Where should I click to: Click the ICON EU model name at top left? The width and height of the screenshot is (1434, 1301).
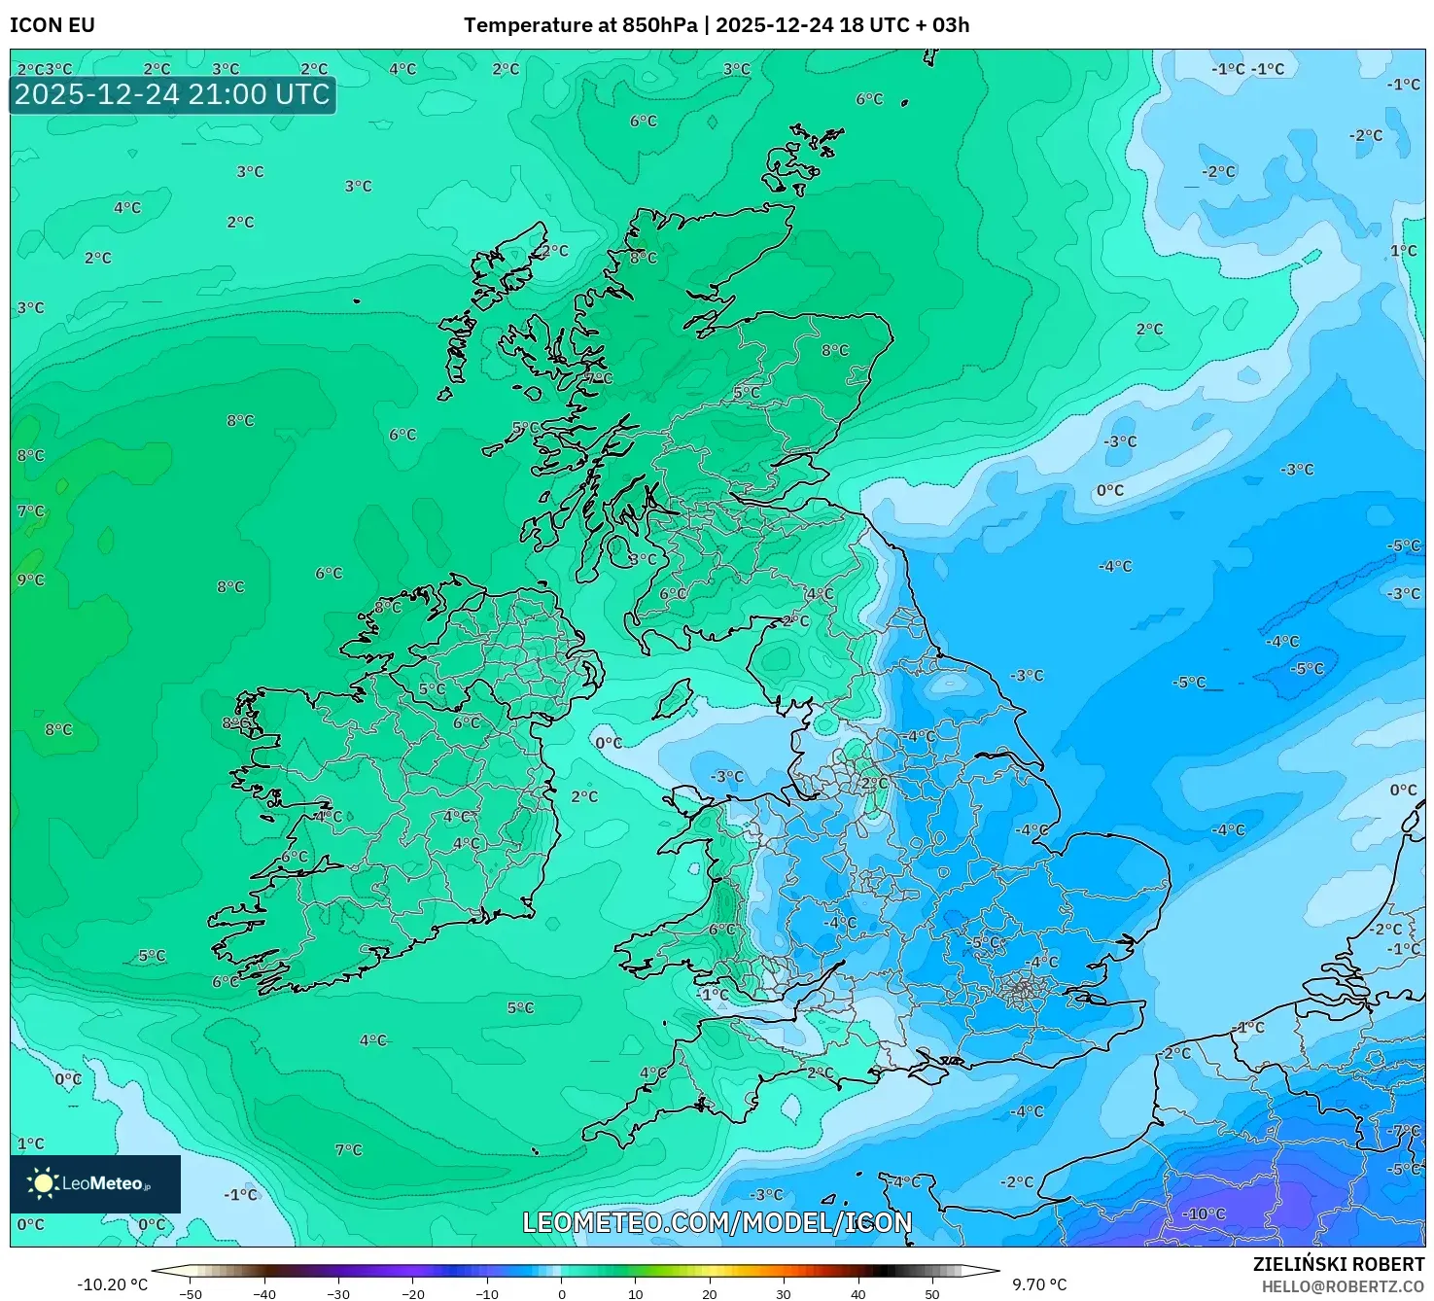(x=52, y=25)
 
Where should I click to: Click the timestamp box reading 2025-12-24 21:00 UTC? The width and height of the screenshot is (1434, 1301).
(x=172, y=94)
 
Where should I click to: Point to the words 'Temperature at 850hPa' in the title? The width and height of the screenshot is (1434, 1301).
(x=579, y=25)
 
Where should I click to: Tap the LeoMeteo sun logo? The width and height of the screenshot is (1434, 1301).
(x=43, y=1182)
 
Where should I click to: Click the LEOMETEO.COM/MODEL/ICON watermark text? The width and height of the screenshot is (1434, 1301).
(x=717, y=1222)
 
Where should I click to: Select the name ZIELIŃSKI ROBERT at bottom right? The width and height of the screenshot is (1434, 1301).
(x=1338, y=1264)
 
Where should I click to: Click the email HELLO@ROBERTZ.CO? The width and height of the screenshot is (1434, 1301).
(x=1343, y=1286)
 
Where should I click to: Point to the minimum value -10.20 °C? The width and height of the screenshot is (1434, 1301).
(x=113, y=1284)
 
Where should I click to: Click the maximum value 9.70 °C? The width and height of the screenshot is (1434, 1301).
(x=1039, y=1284)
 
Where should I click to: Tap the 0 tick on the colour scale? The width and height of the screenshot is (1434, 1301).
(x=562, y=1294)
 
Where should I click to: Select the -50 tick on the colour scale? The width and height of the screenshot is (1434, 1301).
(x=191, y=1294)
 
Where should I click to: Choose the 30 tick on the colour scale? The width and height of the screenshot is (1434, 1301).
(x=784, y=1294)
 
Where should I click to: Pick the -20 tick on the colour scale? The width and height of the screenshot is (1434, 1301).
(x=413, y=1294)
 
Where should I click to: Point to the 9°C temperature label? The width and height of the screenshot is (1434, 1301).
(x=31, y=580)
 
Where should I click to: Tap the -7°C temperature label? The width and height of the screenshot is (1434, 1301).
(x=1405, y=1131)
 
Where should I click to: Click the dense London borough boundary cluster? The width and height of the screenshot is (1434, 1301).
(x=1022, y=991)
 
